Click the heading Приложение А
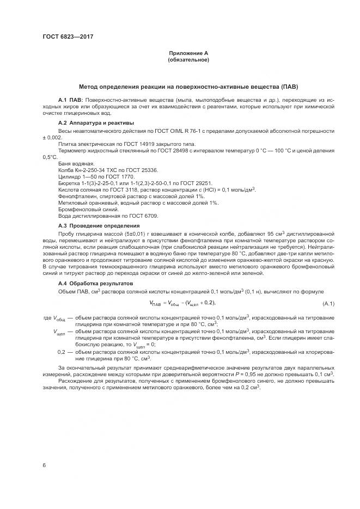click(188, 53)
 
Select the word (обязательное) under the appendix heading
click(188, 59)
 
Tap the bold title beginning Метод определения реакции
click(188, 87)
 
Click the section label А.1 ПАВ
click(70, 101)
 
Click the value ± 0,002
click(52, 137)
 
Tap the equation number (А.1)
click(328, 303)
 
